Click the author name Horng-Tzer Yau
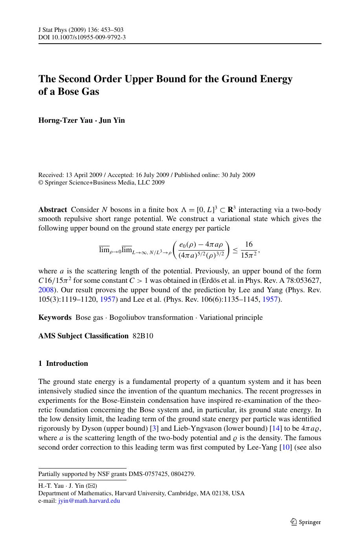coord(65,120)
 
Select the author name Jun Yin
coord(112,120)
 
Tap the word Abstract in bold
coord(53,210)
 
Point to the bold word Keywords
coord(55,317)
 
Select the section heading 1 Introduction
coord(63,363)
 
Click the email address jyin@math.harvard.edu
coord(89,501)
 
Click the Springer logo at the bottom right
coord(306,522)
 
